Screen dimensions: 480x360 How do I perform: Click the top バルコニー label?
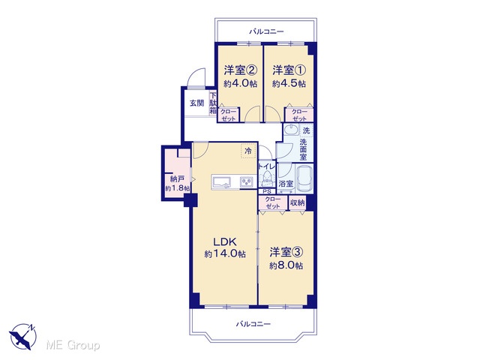(266, 31)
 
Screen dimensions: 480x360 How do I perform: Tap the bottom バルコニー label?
(253, 324)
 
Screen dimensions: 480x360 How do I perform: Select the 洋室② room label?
(240, 70)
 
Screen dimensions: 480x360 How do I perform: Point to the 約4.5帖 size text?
(289, 83)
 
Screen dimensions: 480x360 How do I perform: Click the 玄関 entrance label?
(196, 103)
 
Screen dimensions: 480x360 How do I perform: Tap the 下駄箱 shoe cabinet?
(213, 103)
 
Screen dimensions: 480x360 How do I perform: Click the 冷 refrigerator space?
(248, 151)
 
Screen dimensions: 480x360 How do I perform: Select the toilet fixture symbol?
(267, 179)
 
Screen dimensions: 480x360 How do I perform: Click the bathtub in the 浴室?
(304, 179)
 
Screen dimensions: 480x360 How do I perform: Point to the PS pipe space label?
(267, 192)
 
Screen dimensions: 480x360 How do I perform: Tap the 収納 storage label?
(297, 202)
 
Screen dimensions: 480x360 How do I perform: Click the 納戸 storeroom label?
(177, 179)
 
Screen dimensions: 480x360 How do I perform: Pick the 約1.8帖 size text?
(178, 188)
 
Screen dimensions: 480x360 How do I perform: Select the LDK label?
(225, 241)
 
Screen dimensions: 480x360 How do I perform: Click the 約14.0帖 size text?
(225, 253)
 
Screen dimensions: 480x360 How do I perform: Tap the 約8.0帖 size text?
(286, 265)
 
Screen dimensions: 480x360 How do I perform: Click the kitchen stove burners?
(248, 182)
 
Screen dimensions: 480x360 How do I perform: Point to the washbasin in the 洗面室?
(291, 130)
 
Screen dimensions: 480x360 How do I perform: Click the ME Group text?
(73, 345)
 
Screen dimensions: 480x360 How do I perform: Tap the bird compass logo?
(23, 336)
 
